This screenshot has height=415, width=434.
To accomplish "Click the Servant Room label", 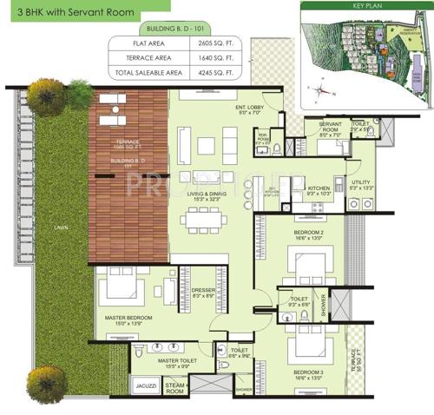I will pos(330,130).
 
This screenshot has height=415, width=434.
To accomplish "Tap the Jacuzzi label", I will pos(145,383).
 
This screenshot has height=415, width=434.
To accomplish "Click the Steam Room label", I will pos(175,388).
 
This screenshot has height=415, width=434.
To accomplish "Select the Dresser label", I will pos(203,290).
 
